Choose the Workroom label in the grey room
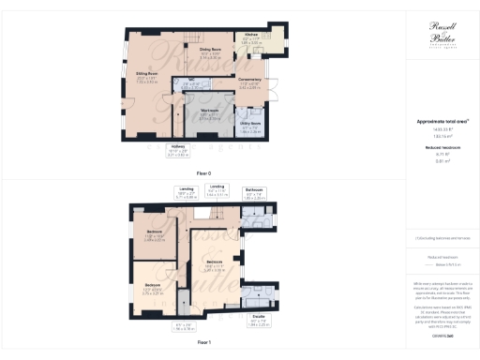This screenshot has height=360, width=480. (x=210, y=114)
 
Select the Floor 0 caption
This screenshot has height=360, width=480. (x=203, y=173)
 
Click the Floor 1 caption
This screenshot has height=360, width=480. (x=203, y=344)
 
